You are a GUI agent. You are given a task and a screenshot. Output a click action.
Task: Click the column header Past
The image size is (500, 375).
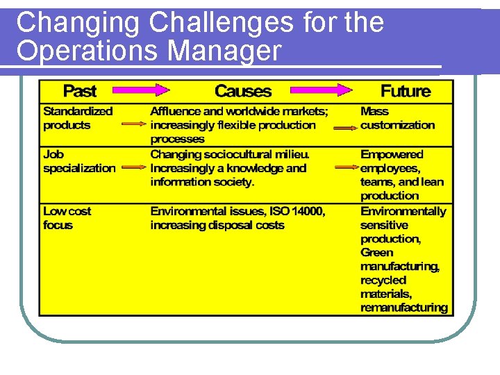pyautogui.click(x=79, y=91)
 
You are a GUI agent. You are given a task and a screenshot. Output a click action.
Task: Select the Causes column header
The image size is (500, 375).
pyautogui.click(x=242, y=91)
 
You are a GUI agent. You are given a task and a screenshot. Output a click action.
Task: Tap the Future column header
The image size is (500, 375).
pyautogui.click(x=405, y=91)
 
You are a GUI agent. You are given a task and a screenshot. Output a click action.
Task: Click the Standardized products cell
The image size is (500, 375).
pyautogui.click(x=77, y=118)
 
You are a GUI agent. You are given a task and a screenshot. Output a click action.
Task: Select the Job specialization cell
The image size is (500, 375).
pyautogui.click(x=79, y=161)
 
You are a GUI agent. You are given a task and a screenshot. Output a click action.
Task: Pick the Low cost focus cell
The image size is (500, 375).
pyautogui.click(x=67, y=218)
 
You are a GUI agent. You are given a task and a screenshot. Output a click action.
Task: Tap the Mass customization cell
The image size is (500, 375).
pyautogui.click(x=397, y=118)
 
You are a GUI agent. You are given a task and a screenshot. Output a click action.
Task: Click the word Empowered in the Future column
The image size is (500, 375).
pyautogui.click(x=391, y=154)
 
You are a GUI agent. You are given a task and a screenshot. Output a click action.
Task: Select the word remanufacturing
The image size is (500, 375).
pyautogui.click(x=403, y=308)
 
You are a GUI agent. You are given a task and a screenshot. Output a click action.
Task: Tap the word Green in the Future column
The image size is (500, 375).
pyautogui.click(x=376, y=253)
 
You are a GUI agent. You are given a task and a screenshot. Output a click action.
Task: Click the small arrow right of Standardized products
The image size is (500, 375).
pyautogui.click(x=133, y=125)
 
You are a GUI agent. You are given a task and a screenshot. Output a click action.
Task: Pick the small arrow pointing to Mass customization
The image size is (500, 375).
pyautogui.click(x=345, y=128)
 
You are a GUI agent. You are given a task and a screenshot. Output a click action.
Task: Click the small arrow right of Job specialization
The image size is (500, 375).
pyautogui.click(x=133, y=167)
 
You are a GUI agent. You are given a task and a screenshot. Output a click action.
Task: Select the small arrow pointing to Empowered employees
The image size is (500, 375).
pyautogui.click(x=345, y=168)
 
